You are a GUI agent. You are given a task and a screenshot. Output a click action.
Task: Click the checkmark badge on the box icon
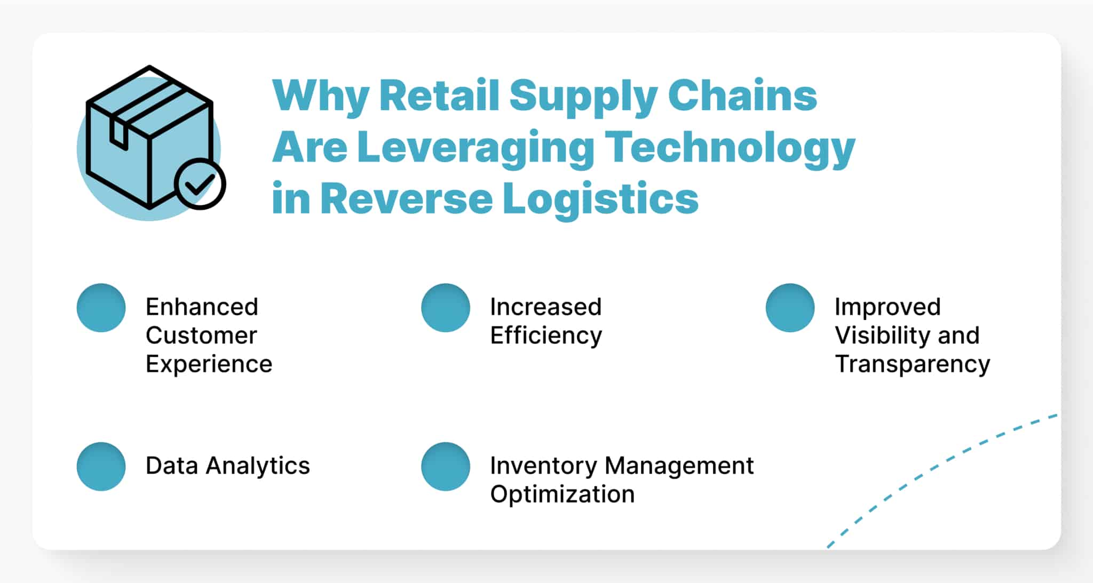200,183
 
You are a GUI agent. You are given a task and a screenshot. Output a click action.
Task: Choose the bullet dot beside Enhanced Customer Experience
101,308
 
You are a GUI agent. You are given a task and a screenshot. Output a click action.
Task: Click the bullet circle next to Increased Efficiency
446,308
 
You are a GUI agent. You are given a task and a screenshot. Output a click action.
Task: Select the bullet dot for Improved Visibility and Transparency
790,308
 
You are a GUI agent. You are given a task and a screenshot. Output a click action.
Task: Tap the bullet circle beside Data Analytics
101,466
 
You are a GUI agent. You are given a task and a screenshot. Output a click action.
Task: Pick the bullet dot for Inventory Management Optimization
446,466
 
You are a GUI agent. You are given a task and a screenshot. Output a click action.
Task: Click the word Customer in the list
201,336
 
